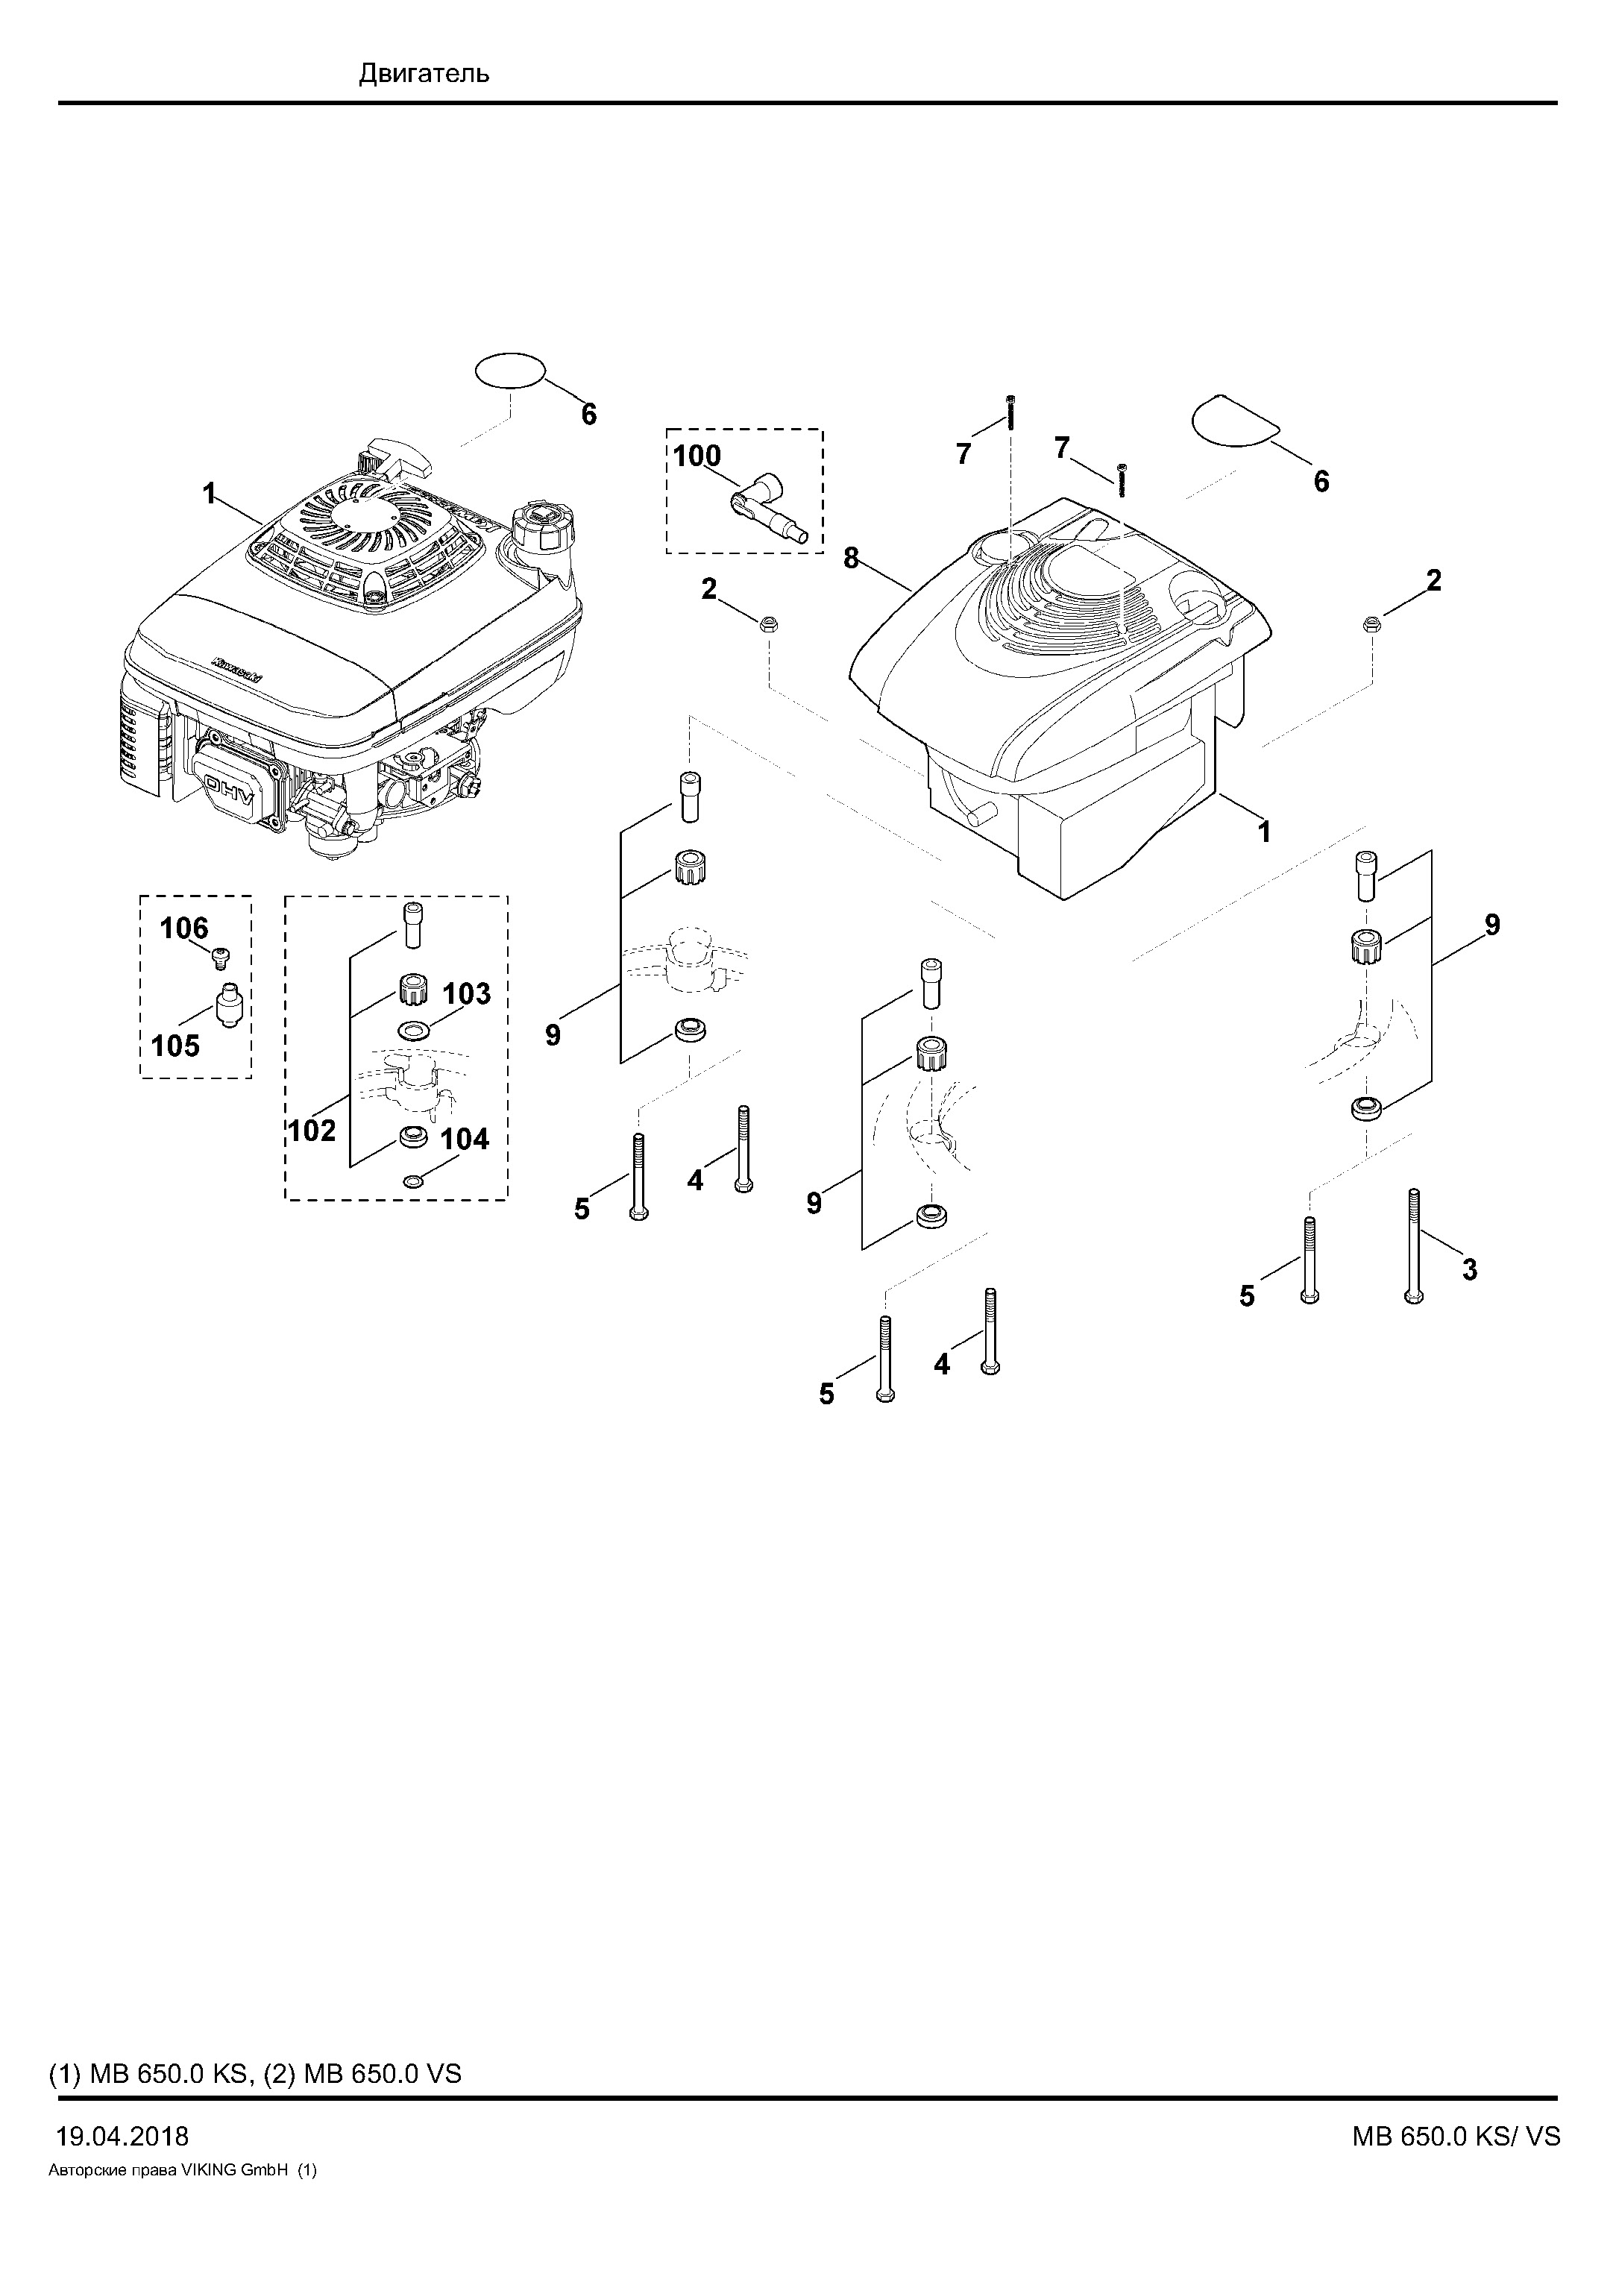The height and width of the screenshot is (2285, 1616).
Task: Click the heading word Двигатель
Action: (424, 74)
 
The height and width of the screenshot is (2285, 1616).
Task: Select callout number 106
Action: (184, 928)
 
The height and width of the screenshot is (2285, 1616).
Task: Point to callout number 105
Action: (175, 1046)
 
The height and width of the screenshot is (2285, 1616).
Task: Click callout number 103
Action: (467, 993)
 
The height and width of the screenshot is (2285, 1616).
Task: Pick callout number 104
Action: (465, 1139)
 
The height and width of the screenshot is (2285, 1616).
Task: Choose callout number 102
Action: (312, 1131)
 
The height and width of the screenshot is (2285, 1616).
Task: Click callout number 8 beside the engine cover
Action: (851, 559)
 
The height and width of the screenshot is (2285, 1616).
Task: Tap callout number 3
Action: (1470, 1270)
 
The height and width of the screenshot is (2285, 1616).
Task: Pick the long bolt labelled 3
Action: (1414, 1247)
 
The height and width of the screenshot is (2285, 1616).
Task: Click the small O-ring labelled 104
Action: (414, 1181)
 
